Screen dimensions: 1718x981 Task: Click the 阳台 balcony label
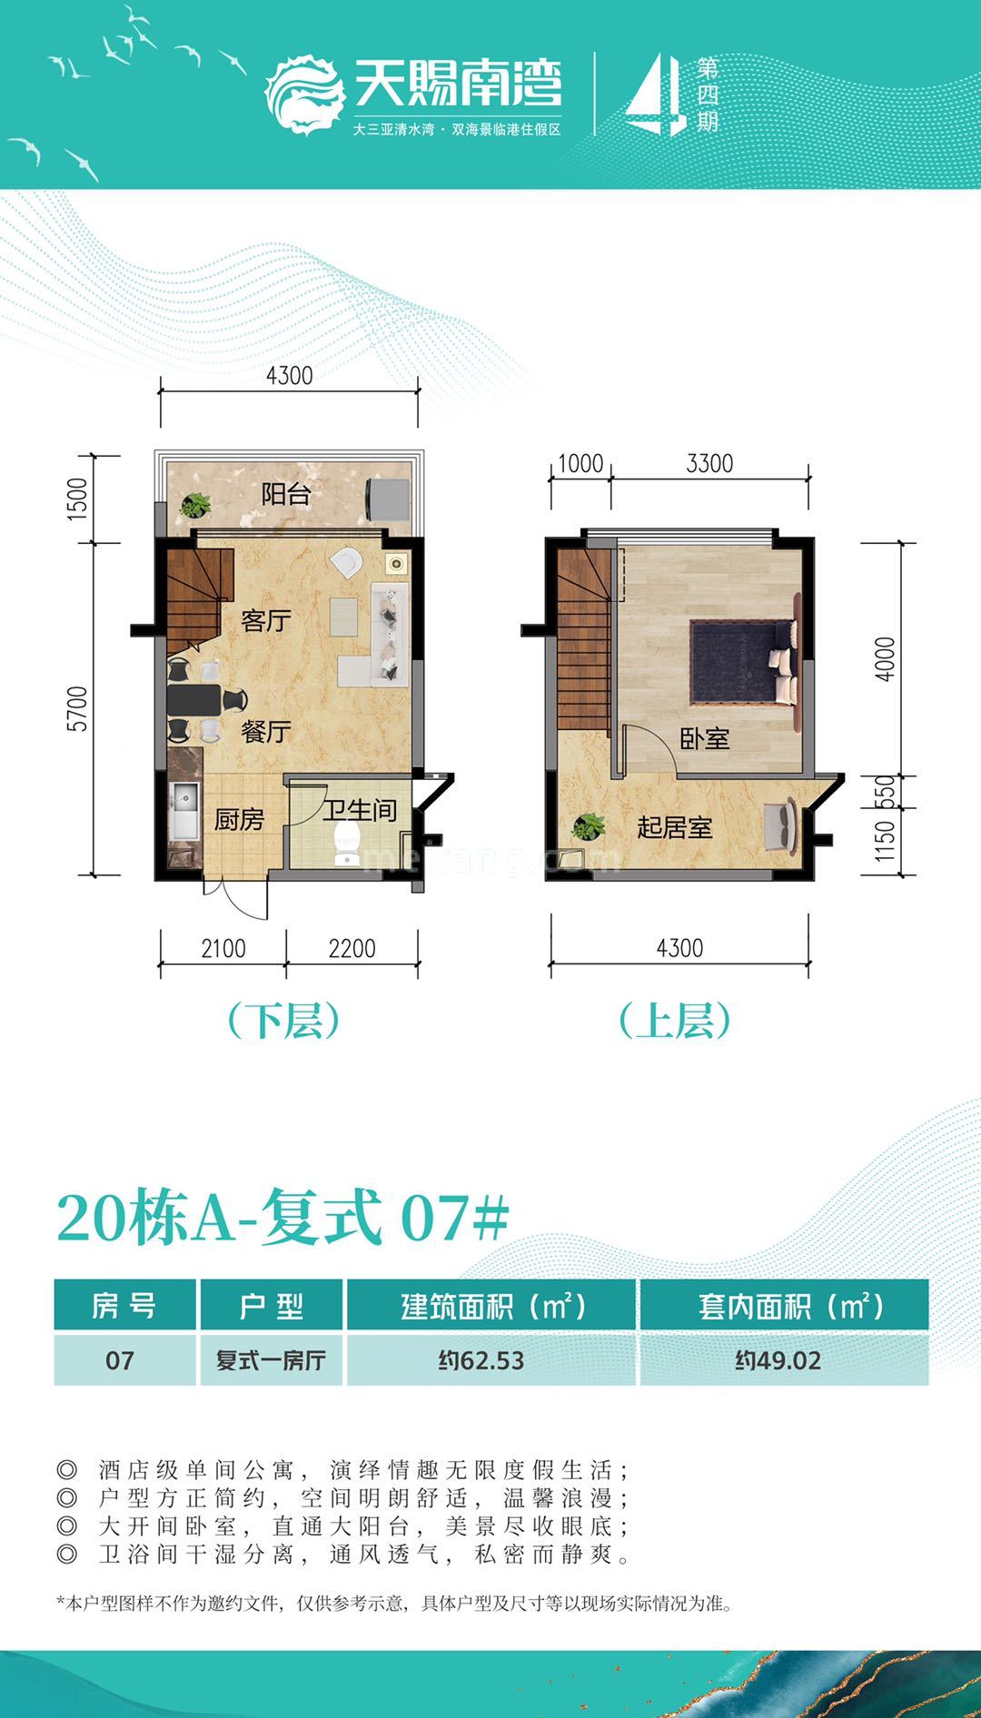coord(286,495)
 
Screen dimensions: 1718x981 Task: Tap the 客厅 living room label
coord(266,621)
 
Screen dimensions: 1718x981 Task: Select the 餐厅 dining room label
coord(266,731)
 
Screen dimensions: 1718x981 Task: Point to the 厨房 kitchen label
coord(239,820)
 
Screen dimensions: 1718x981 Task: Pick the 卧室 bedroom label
coord(705,739)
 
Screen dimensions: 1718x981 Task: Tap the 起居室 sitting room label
coord(674,827)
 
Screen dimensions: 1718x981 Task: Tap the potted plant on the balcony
coord(195,504)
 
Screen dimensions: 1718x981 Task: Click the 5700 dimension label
coord(79,709)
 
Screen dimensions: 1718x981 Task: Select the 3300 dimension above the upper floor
coord(709,464)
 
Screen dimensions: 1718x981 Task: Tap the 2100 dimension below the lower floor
coord(223,949)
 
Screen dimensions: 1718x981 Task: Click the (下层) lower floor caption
coord(284,1022)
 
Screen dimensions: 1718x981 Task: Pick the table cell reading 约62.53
coord(481,1360)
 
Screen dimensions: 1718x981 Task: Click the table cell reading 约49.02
coord(778,1360)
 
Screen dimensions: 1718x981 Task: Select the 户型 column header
coord(272,1307)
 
